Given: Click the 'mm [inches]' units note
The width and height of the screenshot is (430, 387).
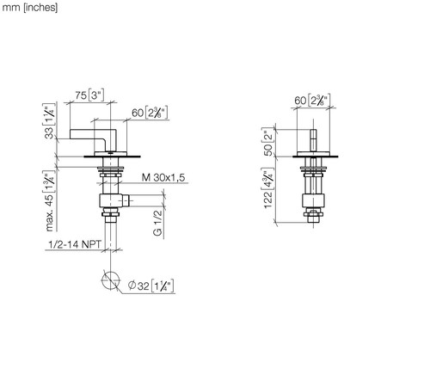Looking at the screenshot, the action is pos(30,8).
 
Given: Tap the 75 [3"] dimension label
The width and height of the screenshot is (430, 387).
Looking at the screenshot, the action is pos(89,95).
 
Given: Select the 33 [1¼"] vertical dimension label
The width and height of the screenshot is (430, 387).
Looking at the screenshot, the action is pos(49,121).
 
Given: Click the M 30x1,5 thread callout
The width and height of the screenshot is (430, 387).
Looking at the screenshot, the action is pos(163,177).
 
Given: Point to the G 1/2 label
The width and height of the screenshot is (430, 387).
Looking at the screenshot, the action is pos(158,223).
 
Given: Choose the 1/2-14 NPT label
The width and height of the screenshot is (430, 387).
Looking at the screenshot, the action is pos(75,244).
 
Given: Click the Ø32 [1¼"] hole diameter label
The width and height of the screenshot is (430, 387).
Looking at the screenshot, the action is pos(151,286).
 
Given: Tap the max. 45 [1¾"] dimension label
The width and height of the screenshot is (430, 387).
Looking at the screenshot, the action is pos(49,200).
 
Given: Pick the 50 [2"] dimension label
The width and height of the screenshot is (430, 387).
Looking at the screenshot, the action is pos(268,143).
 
